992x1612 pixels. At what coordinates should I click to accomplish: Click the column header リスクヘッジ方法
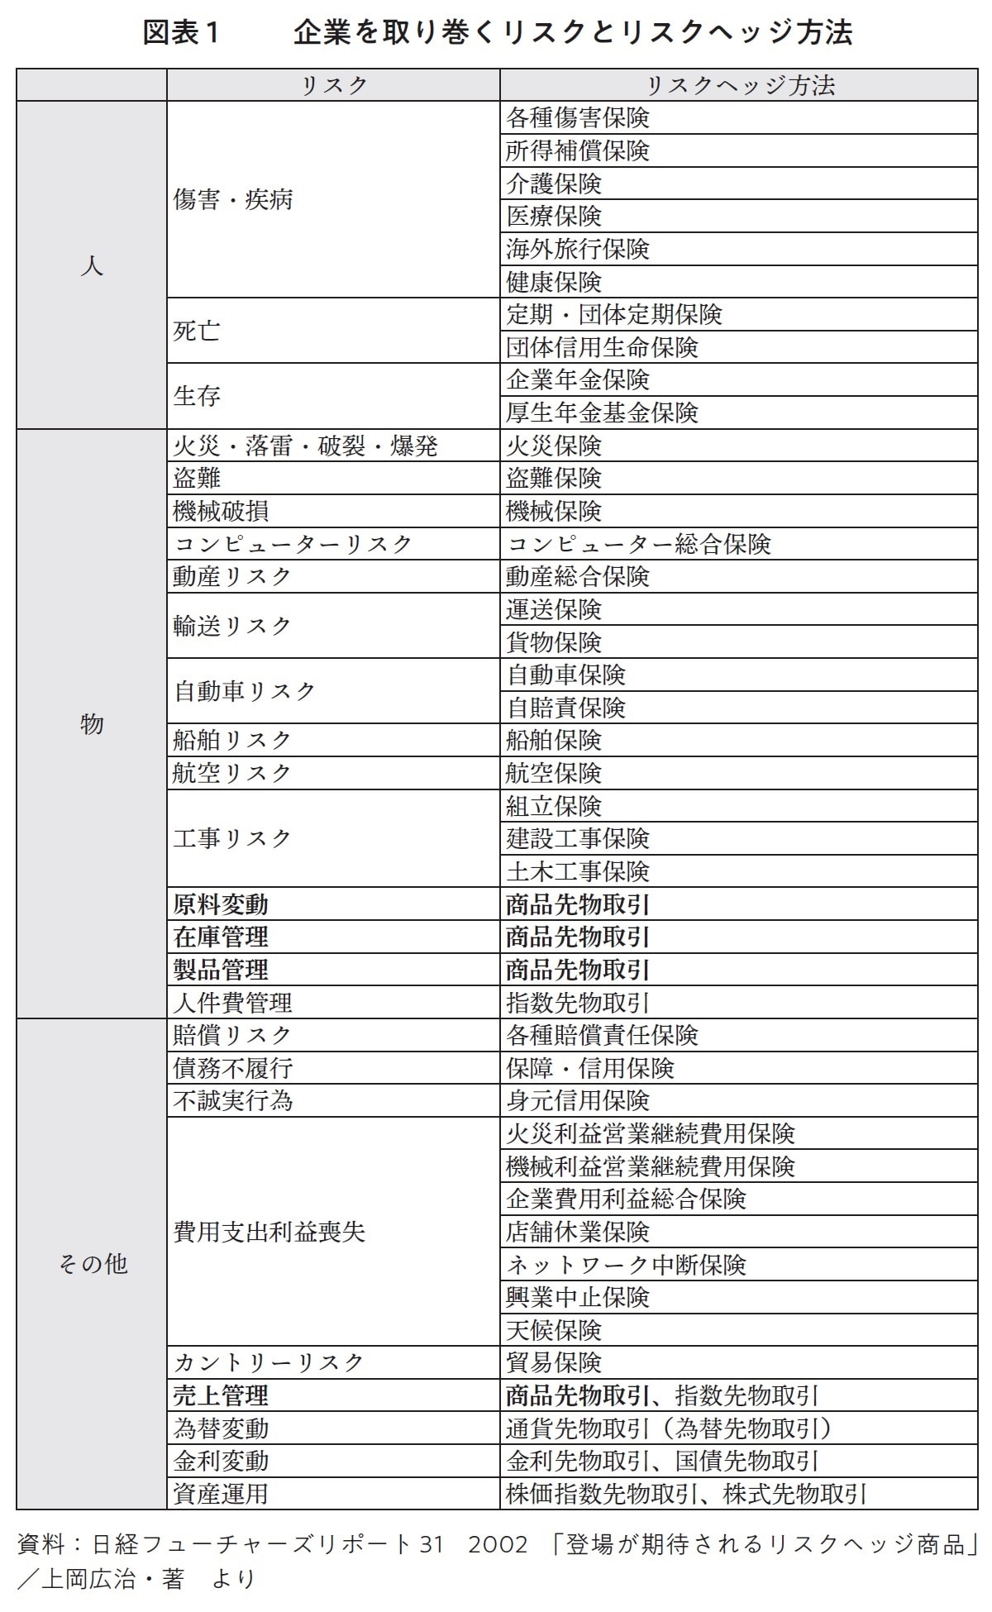click(x=739, y=85)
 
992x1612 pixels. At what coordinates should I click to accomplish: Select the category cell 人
click(x=92, y=265)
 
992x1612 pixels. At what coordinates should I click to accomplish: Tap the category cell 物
click(x=92, y=723)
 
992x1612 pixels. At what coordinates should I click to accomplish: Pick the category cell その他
click(x=92, y=1263)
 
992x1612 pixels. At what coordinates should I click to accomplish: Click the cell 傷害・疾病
click(x=233, y=199)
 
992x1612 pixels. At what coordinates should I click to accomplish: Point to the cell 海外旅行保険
click(x=578, y=249)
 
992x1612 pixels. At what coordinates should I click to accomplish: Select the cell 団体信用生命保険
click(x=602, y=347)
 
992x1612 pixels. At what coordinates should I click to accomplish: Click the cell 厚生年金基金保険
click(x=602, y=413)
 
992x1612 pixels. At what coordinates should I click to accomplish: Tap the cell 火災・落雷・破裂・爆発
click(x=305, y=446)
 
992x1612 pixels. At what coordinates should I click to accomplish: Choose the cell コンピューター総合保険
click(x=638, y=544)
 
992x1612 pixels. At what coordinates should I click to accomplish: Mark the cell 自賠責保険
click(x=566, y=708)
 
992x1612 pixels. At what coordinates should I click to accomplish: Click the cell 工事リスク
click(x=232, y=838)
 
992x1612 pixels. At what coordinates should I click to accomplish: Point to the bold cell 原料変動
click(x=221, y=904)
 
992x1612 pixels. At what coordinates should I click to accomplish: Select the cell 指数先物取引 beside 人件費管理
click(x=578, y=1003)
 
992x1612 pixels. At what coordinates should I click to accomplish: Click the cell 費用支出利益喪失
click(x=269, y=1232)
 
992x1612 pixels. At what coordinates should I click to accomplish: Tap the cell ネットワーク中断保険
click(x=626, y=1265)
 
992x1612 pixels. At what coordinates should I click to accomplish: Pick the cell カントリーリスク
click(x=269, y=1362)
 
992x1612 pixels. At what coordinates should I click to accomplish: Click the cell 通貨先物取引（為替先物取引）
click(x=670, y=1428)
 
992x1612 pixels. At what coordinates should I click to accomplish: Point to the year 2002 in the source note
click(x=499, y=1544)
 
